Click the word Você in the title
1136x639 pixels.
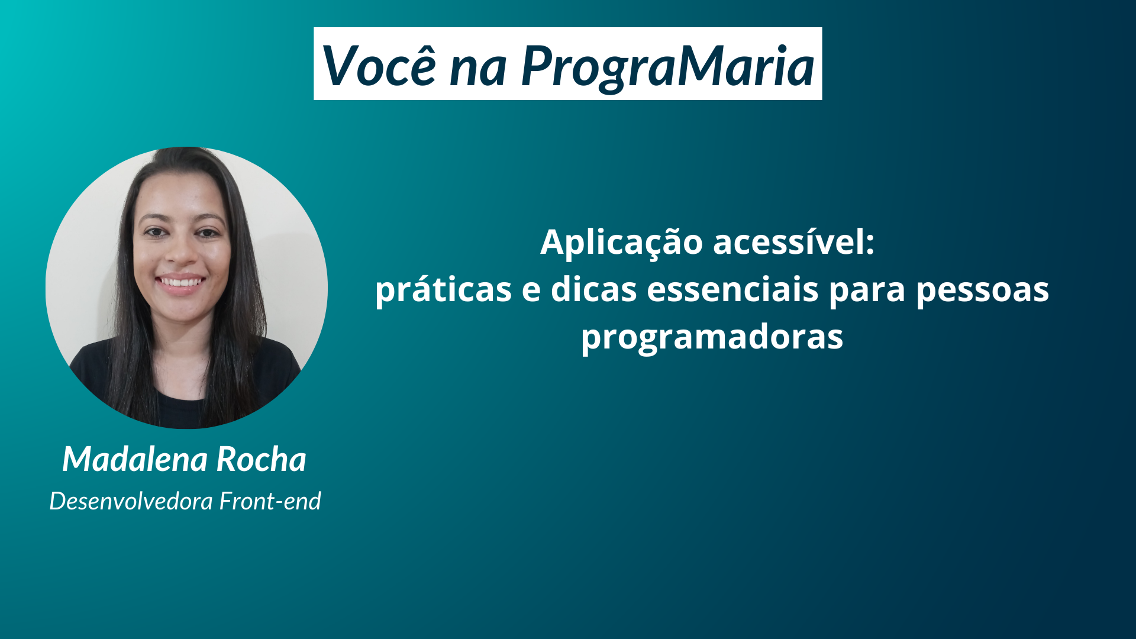(379, 64)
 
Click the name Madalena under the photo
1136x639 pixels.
(135, 459)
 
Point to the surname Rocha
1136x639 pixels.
(261, 459)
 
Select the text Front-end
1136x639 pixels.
(270, 501)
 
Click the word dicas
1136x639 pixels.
(593, 289)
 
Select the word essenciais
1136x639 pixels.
(732, 289)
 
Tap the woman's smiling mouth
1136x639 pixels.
(180, 283)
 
